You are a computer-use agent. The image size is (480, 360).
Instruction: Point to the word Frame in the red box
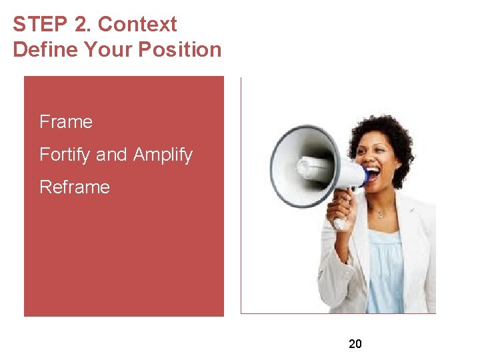pyautogui.click(x=66, y=122)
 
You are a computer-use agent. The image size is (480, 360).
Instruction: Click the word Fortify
pyautogui.click(x=65, y=155)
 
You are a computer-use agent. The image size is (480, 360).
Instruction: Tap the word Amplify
pyautogui.click(x=163, y=155)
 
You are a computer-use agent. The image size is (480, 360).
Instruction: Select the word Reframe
pyautogui.click(x=75, y=187)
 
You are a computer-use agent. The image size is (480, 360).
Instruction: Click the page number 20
pyautogui.click(x=355, y=344)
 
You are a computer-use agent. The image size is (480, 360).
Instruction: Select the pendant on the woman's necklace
pyautogui.click(x=380, y=215)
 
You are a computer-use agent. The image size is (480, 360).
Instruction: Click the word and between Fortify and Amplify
pyautogui.click(x=111, y=155)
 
